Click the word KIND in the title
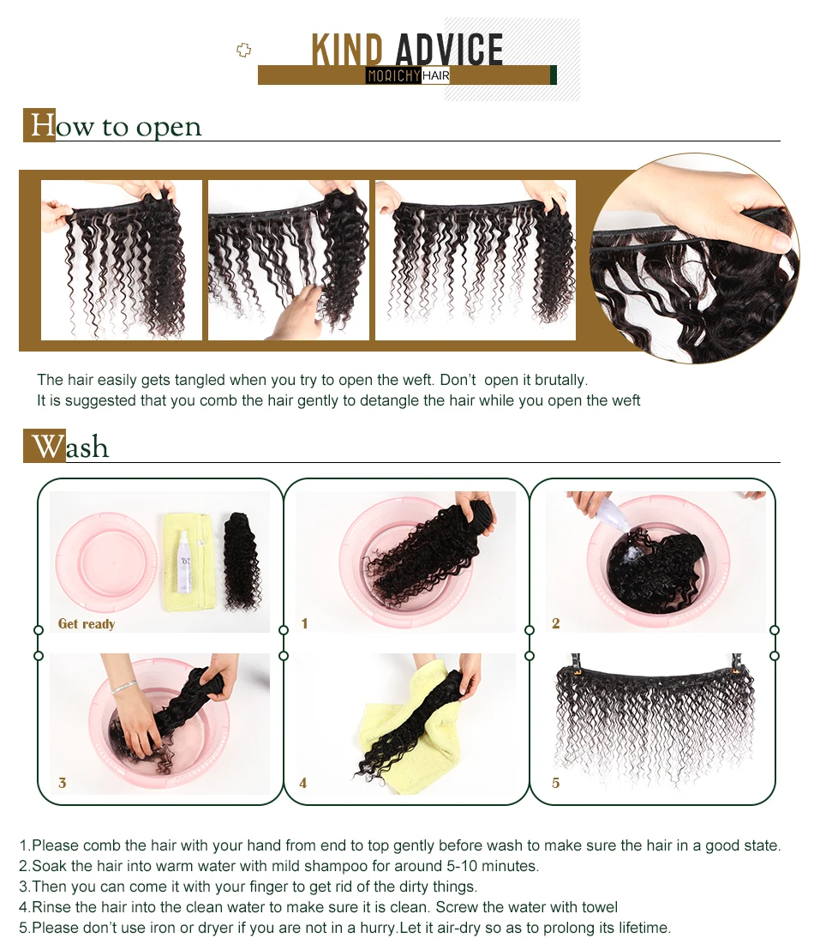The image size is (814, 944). pos(347,49)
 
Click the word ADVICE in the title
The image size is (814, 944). pos(450,49)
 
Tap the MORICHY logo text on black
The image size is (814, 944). pos(393,75)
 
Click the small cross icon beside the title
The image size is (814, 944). pos(243,50)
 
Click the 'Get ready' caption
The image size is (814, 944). pos(86,623)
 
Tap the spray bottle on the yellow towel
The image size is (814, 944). pos(184,562)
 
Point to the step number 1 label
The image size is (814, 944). pos(304,623)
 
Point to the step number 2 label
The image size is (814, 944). pos(555,623)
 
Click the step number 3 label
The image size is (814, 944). pos(62,783)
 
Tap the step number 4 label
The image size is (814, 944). pos(302,783)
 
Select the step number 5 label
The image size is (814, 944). pos(555,783)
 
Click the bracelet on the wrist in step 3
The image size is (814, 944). pos(124,686)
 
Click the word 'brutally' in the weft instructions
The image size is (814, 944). pos(560,380)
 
